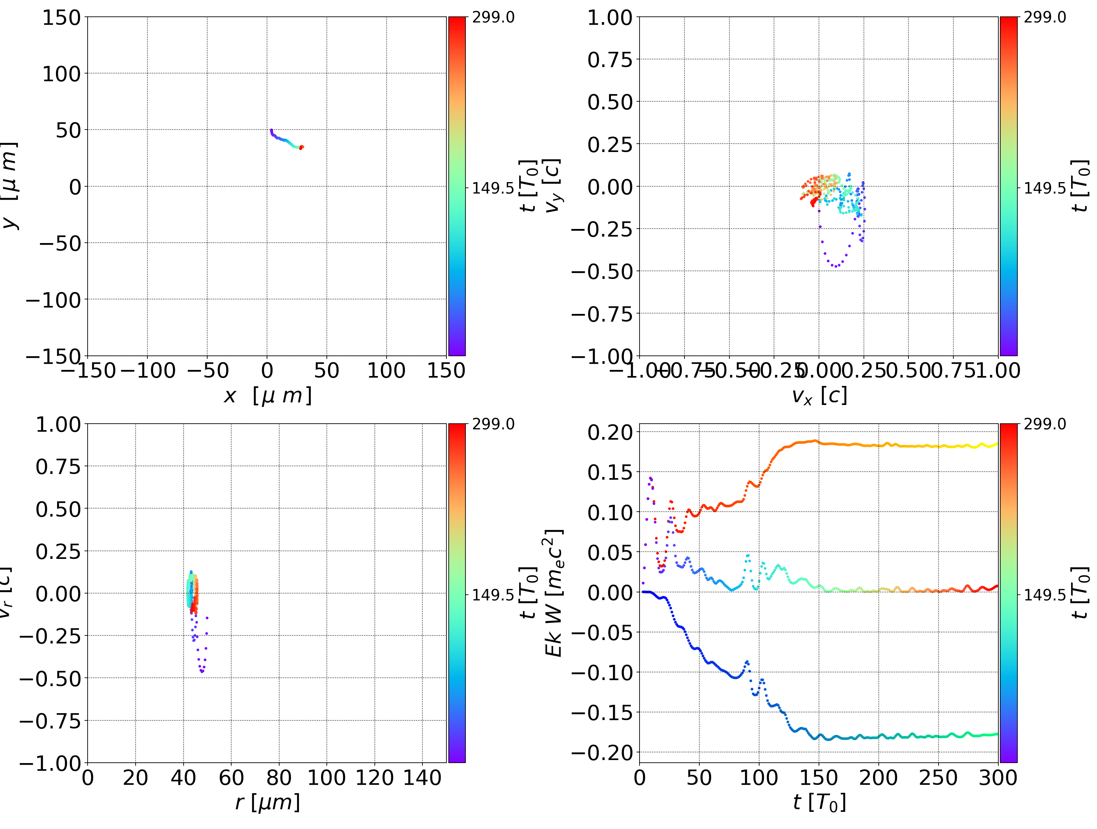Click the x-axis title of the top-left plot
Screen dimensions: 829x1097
tap(268, 396)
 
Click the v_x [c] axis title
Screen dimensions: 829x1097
tap(819, 396)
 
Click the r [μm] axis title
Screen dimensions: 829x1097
tap(268, 802)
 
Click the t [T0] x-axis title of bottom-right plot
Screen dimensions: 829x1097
tap(819, 802)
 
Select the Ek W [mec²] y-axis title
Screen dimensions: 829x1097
tap(554, 593)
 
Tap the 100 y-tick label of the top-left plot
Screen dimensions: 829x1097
tap(61, 74)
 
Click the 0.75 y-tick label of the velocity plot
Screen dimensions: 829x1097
tap(611, 59)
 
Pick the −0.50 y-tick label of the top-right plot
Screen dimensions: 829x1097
tap(602, 271)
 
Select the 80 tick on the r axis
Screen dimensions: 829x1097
tap(279, 778)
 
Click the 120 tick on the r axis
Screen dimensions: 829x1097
tap(374, 778)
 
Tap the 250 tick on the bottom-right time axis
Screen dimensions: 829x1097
tap(938, 778)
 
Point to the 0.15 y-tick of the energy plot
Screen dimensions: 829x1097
tap(611, 472)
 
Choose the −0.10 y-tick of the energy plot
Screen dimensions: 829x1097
tap(602, 673)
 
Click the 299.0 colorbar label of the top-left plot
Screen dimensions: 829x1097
tap(493, 18)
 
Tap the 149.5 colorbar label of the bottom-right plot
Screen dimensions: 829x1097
tap(1044, 594)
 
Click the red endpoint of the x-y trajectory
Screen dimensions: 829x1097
tap(301, 147)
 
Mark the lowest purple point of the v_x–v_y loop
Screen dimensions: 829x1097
tap(835, 266)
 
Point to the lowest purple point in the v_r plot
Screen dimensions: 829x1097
tap(202, 672)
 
